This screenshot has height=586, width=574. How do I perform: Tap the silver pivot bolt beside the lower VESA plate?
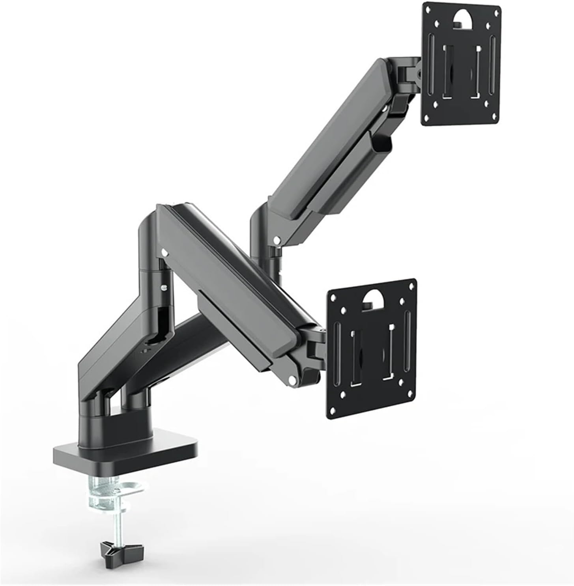pyautogui.click(x=292, y=379)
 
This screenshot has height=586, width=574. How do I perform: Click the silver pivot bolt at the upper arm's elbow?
pyautogui.click(x=277, y=239)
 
